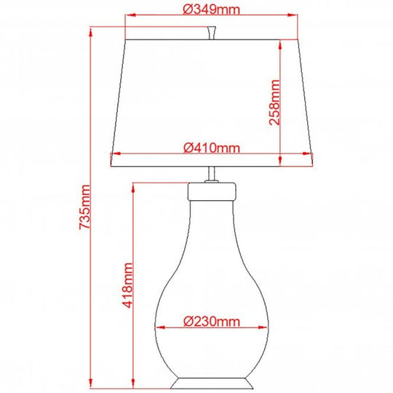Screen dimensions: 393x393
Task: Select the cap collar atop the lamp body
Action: tap(212, 191)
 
